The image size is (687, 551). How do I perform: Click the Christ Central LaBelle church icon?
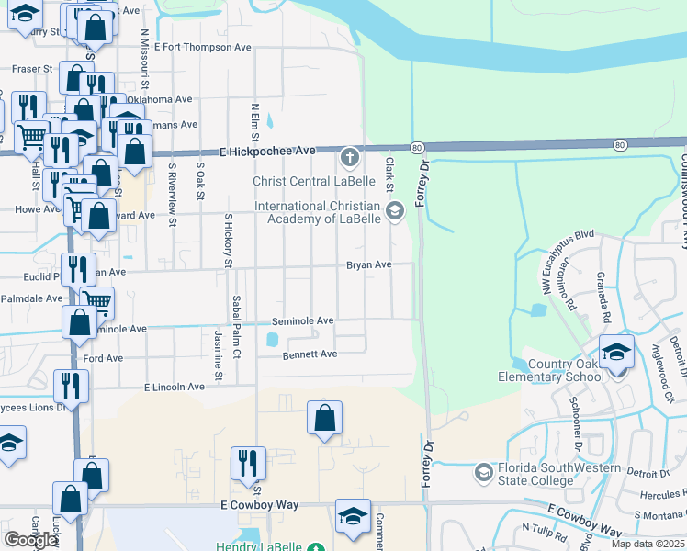[349, 159]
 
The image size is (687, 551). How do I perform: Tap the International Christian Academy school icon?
[395, 213]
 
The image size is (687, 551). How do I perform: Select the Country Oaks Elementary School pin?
[616, 352]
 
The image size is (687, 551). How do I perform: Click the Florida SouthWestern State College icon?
[483, 473]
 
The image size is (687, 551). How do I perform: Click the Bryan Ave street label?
[369, 265]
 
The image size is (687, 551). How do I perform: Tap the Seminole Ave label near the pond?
[302, 321]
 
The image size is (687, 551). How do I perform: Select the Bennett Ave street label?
[310, 354]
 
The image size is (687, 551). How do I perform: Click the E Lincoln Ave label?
[174, 387]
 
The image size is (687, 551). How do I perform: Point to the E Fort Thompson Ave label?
[202, 46]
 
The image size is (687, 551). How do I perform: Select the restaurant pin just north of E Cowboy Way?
[247, 464]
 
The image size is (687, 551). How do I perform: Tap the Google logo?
[30, 540]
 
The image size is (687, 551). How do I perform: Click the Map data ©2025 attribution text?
[648, 544]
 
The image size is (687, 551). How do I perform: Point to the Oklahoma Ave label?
[160, 99]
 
